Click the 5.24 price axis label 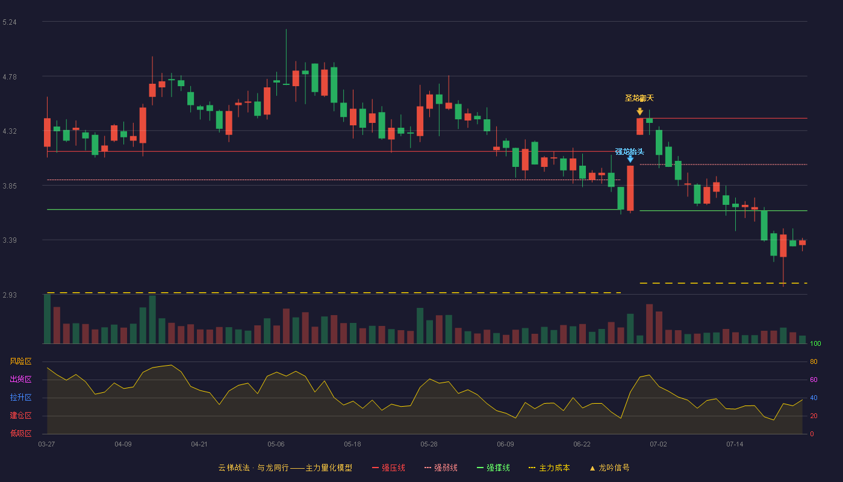click(10, 22)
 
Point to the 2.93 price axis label click(10, 295)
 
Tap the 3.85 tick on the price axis click(10, 186)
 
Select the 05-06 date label click(276, 445)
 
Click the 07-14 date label click(735, 445)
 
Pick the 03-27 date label click(47, 445)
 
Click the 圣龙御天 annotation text click(639, 98)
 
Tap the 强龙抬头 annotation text click(630, 152)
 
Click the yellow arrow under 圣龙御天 click(639, 111)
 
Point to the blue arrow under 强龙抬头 click(630, 159)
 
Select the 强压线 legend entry click(388, 468)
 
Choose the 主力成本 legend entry click(549, 468)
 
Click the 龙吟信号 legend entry click(609, 468)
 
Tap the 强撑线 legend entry click(493, 468)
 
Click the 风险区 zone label click(20, 361)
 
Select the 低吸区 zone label click(20, 434)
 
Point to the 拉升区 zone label click(20, 398)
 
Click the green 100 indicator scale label click(815, 343)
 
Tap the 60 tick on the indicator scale click(813, 380)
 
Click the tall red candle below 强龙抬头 click(630, 188)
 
